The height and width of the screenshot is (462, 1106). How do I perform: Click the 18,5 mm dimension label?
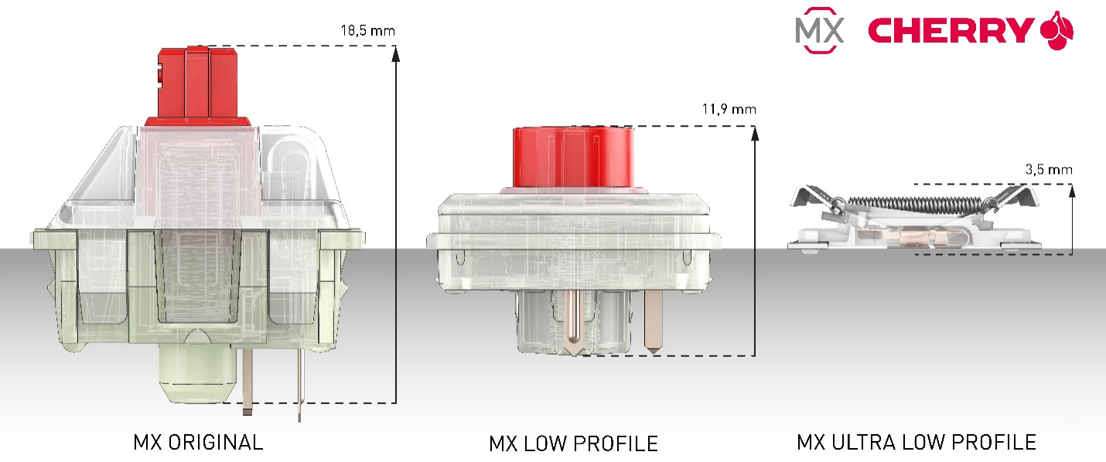pyautogui.click(x=368, y=31)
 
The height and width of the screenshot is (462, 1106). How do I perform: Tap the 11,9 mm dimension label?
pyautogui.click(x=729, y=109)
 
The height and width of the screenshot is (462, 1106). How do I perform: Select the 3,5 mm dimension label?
pyautogui.click(x=1049, y=170)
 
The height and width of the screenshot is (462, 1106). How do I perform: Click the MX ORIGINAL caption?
pyautogui.click(x=198, y=442)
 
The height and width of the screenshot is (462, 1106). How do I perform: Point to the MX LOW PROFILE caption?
pyautogui.click(x=573, y=443)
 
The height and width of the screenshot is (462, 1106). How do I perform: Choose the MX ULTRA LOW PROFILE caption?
pyautogui.click(x=917, y=442)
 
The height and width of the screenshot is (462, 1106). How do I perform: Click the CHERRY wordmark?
pyautogui.click(x=951, y=31)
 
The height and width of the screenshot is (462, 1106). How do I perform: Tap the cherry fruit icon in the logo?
pyautogui.click(x=1057, y=31)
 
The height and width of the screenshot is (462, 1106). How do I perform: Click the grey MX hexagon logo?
pyautogui.click(x=820, y=30)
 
